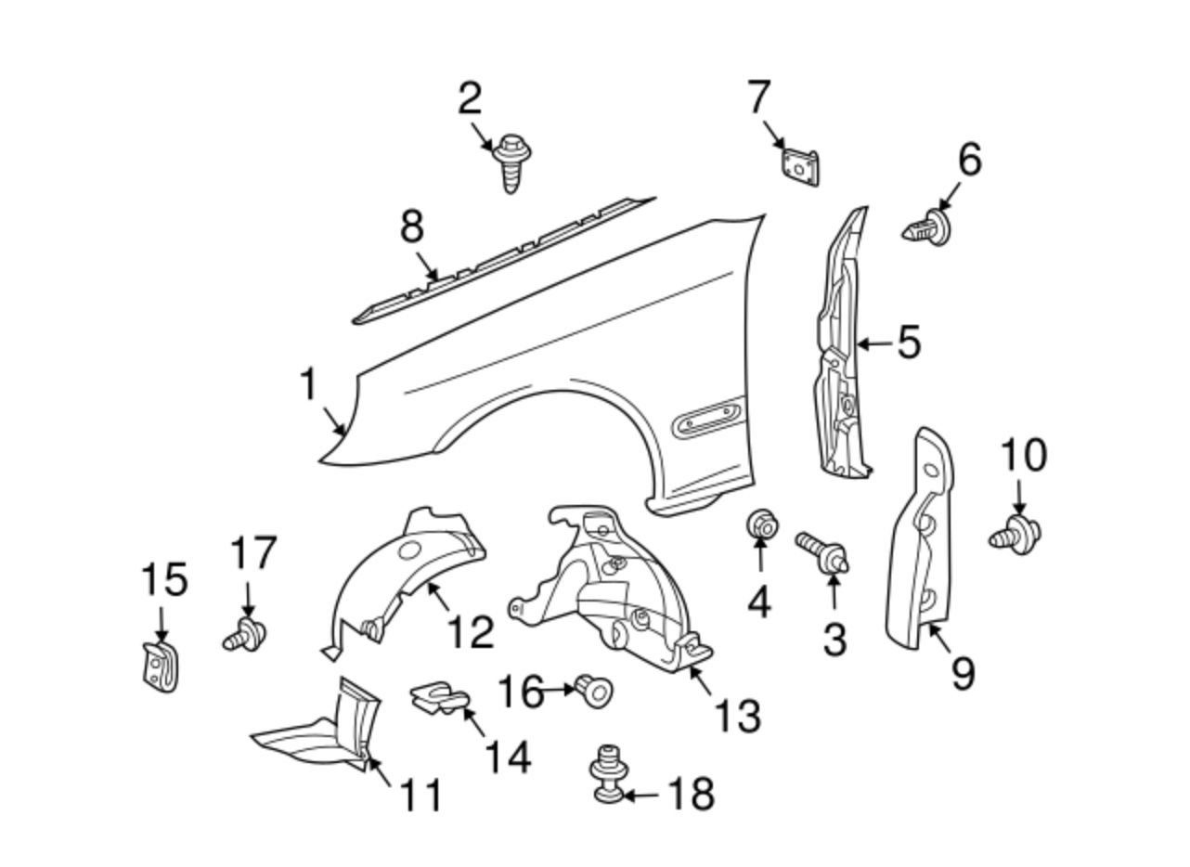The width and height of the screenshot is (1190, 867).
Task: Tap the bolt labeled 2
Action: (x=511, y=162)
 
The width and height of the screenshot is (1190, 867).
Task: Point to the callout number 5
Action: (x=909, y=343)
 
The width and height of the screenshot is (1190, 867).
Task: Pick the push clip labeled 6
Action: (x=926, y=228)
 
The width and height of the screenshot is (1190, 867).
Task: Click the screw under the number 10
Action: (x=1015, y=535)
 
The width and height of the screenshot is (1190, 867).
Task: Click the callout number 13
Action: (x=738, y=715)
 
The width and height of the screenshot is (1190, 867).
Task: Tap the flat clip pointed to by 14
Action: (x=439, y=699)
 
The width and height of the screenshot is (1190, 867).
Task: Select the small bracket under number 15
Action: (x=161, y=667)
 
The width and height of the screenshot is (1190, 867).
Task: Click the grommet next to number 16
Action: (x=594, y=692)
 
